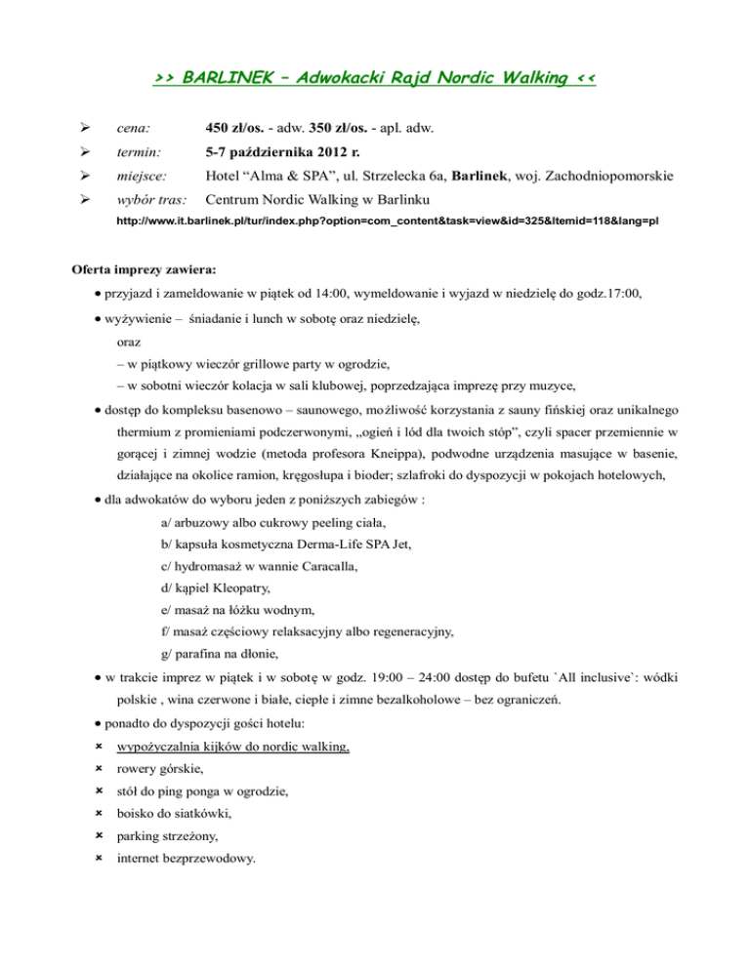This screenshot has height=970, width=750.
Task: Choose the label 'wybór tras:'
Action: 149,203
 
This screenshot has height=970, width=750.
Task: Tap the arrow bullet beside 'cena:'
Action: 85,128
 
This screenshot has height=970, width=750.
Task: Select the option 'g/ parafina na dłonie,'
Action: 222,654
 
